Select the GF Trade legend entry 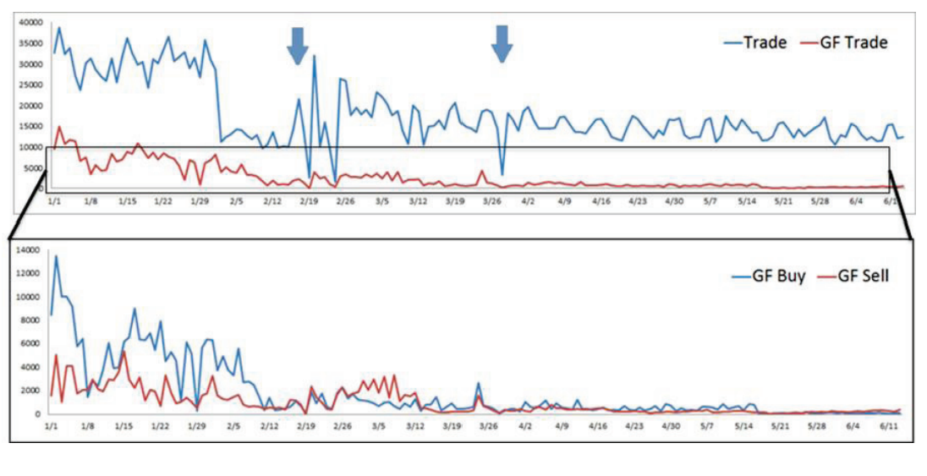[853, 42]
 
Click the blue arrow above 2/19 [297, 45]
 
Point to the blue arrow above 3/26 [502, 43]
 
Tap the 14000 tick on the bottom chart [29, 249]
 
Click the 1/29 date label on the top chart [200, 202]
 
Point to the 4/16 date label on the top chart [601, 202]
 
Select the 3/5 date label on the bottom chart [380, 427]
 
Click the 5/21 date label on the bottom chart [782, 427]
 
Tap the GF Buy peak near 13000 [57, 256]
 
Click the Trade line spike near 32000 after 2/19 [315, 57]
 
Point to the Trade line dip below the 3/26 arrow [502, 174]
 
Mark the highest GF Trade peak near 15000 [59, 127]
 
